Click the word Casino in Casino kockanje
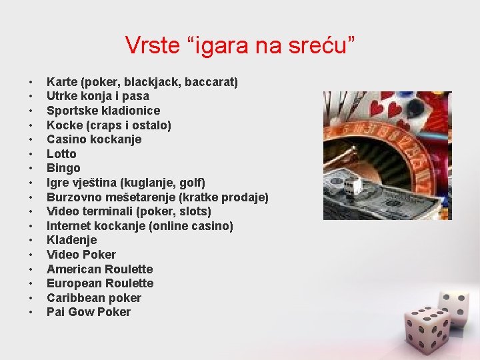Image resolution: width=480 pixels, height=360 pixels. point(65,139)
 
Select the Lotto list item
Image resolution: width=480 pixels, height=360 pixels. point(61,154)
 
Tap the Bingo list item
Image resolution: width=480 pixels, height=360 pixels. point(63,168)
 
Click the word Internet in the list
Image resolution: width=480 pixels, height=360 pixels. point(68,226)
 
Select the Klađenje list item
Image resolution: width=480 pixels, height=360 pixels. point(71,240)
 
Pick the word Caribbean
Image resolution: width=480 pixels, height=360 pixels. point(73,298)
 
